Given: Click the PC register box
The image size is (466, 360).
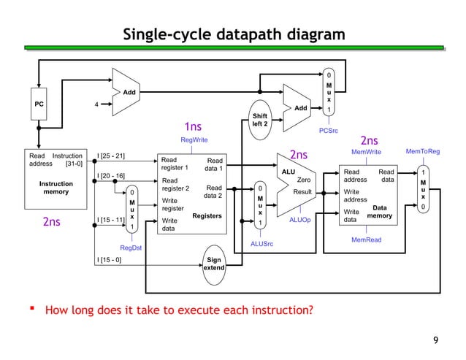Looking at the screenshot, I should click(x=39, y=104).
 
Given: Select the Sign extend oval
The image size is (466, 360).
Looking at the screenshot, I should click(x=214, y=264).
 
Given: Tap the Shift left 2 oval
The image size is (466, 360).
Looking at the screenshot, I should click(x=260, y=120).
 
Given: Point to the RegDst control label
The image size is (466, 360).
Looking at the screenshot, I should click(x=131, y=248).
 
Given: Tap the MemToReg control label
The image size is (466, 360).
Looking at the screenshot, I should click(x=423, y=152).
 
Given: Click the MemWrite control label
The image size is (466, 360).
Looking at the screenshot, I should click(x=365, y=152).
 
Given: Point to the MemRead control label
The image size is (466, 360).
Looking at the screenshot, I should click(x=366, y=239).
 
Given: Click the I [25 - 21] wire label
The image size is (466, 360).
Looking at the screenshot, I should click(x=111, y=155).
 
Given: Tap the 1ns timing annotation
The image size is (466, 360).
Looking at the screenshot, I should click(x=193, y=127).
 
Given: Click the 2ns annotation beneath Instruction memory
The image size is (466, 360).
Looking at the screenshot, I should click(x=50, y=222).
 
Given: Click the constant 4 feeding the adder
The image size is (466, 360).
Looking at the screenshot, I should click(x=97, y=104).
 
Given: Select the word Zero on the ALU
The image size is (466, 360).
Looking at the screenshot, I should click(x=304, y=179).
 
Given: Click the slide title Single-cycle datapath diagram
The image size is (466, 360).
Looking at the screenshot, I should click(x=233, y=35).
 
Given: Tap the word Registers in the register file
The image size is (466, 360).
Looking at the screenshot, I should click(x=207, y=215).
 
